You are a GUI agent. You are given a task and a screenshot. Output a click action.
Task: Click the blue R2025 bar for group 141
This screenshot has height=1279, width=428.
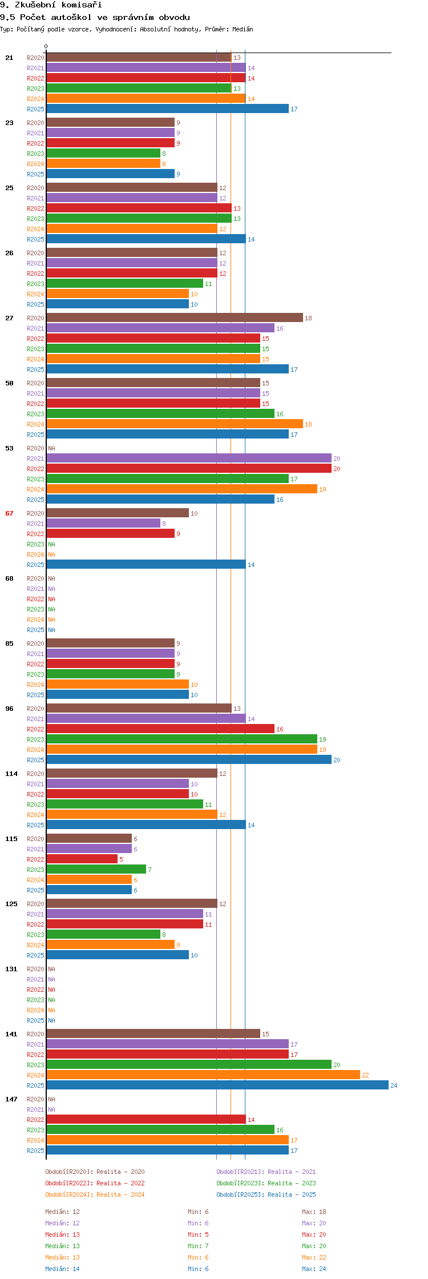coord(217,1085)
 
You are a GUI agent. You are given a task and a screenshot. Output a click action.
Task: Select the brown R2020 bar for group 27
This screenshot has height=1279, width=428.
coord(174,318)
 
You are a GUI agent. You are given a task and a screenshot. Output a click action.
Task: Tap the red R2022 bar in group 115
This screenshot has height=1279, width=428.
coord(82,859)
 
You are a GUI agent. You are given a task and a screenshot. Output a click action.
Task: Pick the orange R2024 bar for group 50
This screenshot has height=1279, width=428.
coord(174,424)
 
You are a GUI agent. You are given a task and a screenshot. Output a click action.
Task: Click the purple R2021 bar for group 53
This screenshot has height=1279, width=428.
coord(188,458)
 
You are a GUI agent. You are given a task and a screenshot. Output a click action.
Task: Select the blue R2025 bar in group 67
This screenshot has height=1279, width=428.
coord(146,565)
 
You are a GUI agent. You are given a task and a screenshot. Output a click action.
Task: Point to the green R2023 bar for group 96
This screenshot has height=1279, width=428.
coord(181,739)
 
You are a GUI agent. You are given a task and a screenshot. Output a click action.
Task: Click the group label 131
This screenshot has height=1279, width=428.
coord(11,969)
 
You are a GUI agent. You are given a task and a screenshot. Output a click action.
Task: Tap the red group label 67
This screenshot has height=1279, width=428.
coord(9,513)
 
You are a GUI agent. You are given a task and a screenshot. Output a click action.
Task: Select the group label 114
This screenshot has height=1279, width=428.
coord(11,774)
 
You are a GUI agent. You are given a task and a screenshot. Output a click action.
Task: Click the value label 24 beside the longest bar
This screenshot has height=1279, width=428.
coord(394,1085)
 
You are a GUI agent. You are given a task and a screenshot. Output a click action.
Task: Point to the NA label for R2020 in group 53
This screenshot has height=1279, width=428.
coord(51,448)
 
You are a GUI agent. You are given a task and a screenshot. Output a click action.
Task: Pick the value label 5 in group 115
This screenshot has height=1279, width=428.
coord(121,859)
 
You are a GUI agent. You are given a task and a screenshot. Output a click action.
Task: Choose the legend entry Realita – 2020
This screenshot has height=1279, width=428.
coord(95,1172)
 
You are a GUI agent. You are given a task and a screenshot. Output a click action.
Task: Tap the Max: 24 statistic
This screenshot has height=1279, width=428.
coord(314,1269)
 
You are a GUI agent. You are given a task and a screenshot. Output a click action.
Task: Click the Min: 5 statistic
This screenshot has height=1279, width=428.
coord(198,1234)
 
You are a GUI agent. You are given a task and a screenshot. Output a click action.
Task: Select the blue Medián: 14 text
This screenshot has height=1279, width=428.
coord(62,1269)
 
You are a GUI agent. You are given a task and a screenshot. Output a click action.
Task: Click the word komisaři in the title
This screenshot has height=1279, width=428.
coord(82,5)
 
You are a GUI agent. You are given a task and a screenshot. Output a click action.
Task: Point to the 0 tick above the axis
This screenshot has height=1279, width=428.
coord(46,46)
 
